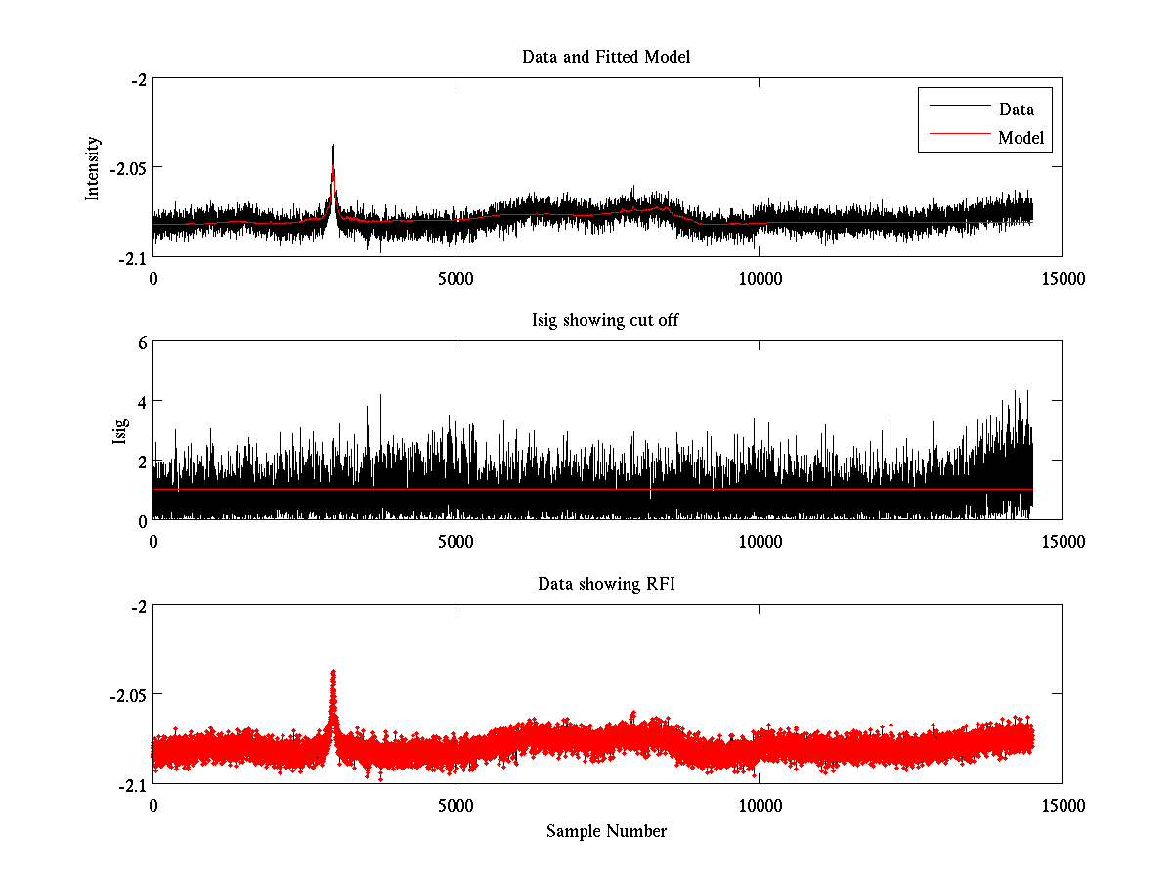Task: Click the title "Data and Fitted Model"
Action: pos(606,57)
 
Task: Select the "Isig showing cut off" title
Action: pos(606,321)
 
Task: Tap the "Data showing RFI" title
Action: pos(606,584)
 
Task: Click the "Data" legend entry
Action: pos(1016,110)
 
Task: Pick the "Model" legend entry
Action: pos(1021,138)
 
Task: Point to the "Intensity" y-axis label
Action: pos(93,168)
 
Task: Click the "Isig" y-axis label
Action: pos(120,431)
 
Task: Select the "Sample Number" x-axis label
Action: pos(606,831)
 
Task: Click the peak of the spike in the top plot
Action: pos(333,146)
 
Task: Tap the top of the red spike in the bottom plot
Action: pos(333,672)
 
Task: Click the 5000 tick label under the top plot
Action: pos(456,278)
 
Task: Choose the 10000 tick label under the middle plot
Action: pos(759,541)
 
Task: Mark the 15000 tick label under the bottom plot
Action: pos(1062,805)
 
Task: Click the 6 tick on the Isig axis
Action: pos(142,342)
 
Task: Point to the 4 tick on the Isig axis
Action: pos(142,402)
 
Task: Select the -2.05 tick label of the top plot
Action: pos(128,168)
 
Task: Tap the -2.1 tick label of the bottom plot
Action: pos(133,784)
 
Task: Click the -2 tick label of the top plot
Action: pos(139,79)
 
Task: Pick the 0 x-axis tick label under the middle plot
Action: pos(153,541)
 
